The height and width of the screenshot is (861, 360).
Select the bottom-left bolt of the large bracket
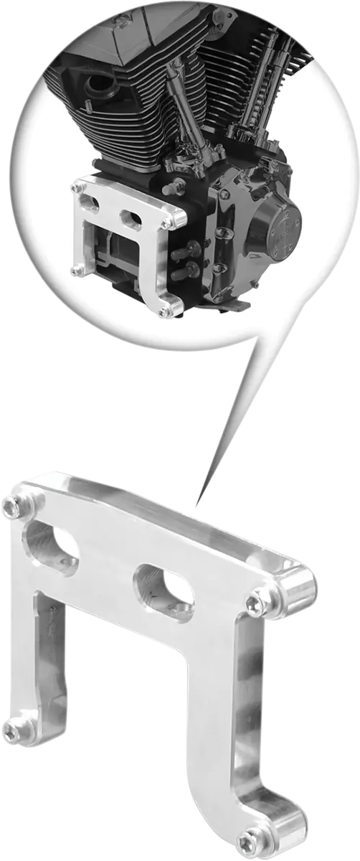[12, 730]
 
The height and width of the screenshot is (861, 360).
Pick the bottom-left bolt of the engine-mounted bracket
[76, 270]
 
